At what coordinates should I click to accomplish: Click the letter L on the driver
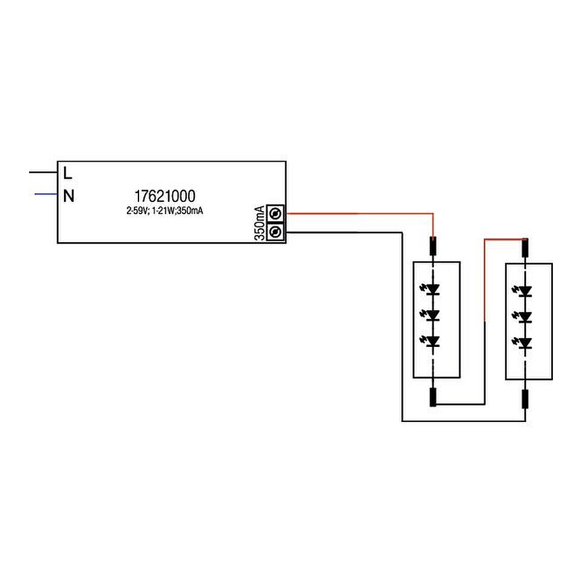coord(68,173)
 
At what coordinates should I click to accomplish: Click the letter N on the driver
coord(69,196)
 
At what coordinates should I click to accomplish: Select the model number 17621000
coord(165,196)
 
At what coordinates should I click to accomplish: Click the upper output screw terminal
coord(275,214)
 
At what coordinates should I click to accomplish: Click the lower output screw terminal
coord(275,232)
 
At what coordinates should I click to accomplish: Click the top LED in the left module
coord(432,289)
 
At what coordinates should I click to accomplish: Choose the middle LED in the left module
coord(432,315)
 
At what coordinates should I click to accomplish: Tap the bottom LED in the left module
coord(432,341)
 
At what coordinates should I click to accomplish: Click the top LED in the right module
coord(526,290)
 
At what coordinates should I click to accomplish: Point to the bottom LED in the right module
coord(526,343)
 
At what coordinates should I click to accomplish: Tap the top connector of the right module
coord(525,248)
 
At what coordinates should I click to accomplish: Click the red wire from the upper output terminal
coord(361,214)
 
